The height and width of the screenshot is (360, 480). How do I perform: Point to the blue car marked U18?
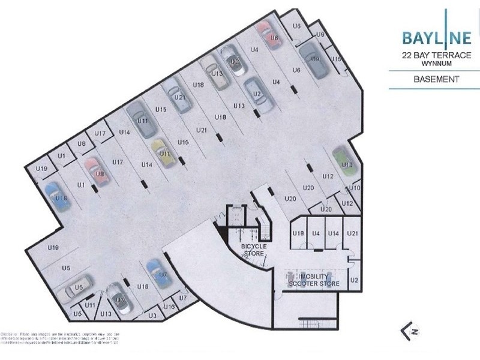pyautogui.click(x=58, y=196)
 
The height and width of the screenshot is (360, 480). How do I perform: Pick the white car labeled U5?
pyautogui.click(x=78, y=287)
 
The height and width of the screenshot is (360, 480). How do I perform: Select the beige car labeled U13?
pyautogui.click(x=214, y=72)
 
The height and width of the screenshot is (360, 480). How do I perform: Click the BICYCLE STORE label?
pyautogui.click(x=254, y=250)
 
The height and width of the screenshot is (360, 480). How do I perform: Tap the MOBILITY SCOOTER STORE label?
pyautogui.click(x=314, y=280)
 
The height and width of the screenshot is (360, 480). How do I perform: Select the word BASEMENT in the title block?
pyautogui.click(x=437, y=79)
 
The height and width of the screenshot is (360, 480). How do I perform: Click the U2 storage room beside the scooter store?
pyautogui.click(x=354, y=280)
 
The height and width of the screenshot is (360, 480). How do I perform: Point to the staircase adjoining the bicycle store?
pyautogui.click(x=264, y=229)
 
